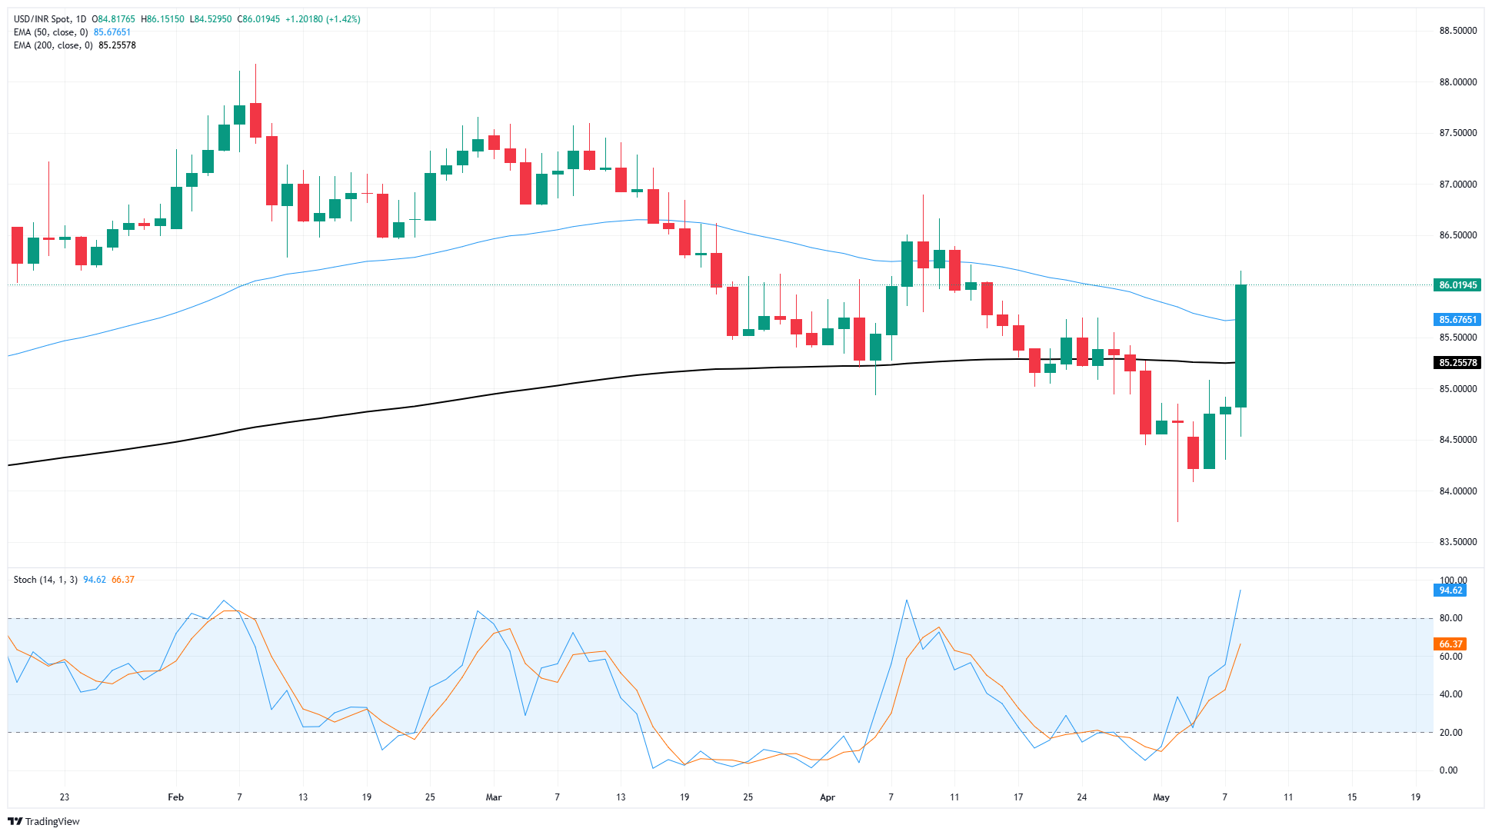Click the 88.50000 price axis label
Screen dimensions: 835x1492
point(1457,31)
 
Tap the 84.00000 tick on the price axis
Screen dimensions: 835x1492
point(1457,491)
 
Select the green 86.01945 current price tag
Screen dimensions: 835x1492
point(1457,285)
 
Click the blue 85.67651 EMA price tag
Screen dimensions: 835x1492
point(1457,320)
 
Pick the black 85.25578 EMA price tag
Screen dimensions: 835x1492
point(1457,363)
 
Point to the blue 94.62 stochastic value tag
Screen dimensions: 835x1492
point(1450,590)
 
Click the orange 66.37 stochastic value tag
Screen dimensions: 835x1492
point(1450,644)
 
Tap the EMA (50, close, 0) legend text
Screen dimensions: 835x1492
point(51,32)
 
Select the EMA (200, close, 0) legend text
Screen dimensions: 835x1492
point(53,45)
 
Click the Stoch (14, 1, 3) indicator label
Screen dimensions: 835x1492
point(45,580)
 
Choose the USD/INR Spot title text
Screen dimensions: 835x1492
point(42,19)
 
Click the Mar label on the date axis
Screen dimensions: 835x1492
point(494,797)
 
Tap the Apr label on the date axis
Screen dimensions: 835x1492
point(828,797)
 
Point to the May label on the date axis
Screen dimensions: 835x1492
point(1161,797)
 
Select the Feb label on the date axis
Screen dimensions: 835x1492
point(176,797)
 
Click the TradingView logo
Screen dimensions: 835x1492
point(44,821)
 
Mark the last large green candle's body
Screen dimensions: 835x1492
point(1241,346)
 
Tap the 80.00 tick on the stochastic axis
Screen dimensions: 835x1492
point(1450,618)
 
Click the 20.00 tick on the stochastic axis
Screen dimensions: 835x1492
point(1450,733)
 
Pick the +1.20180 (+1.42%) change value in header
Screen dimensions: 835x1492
point(322,19)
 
